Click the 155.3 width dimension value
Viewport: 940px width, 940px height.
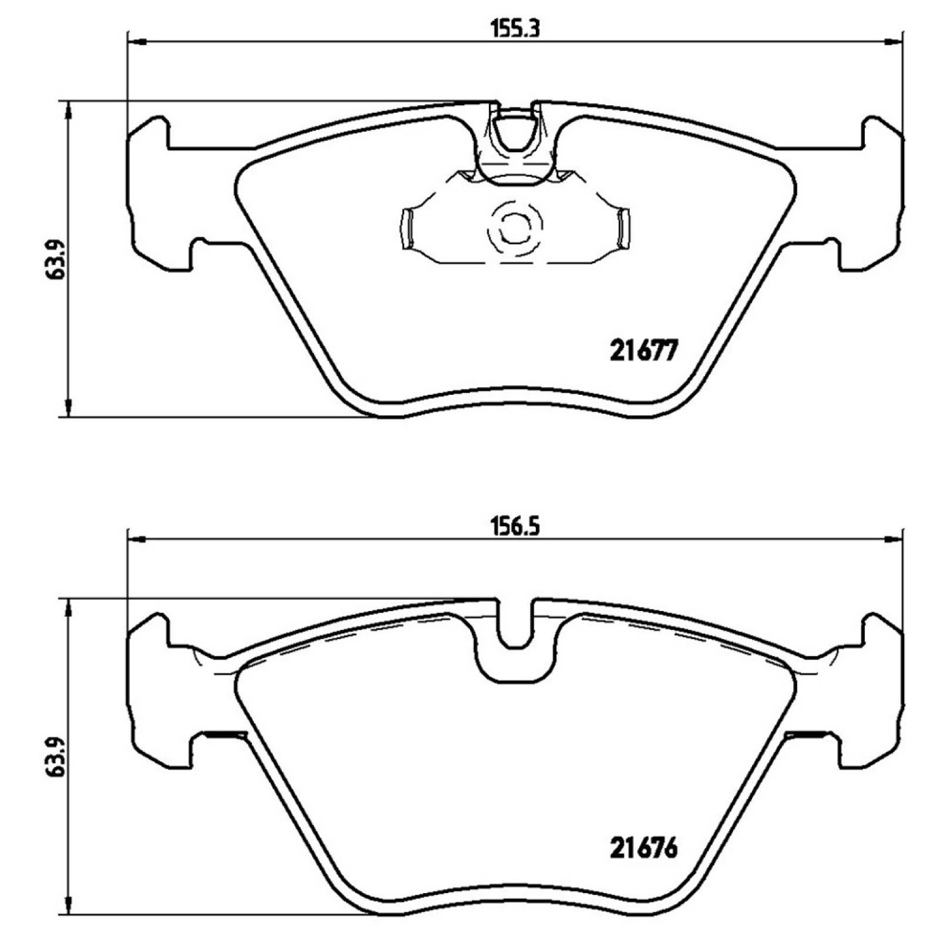(515, 28)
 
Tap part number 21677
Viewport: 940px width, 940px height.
(644, 351)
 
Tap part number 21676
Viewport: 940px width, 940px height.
(644, 848)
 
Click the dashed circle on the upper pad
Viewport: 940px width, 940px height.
(515, 226)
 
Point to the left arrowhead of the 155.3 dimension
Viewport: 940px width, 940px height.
(136, 42)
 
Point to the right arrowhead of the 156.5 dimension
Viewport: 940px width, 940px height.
(893, 539)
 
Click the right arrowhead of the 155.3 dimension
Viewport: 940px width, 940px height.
(893, 42)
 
